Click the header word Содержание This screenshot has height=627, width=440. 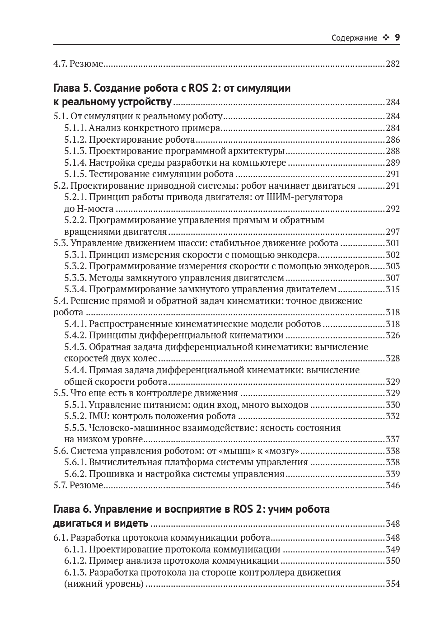point(354,38)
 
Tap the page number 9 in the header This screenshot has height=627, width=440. point(397,37)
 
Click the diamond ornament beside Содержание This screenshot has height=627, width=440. point(385,38)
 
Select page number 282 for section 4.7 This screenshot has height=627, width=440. point(393,64)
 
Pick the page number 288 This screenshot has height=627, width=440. point(393,151)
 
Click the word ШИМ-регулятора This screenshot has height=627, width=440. point(304,197)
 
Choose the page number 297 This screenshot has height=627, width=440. point(393,232)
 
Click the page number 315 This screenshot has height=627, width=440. point(393,290)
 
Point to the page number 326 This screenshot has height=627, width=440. point(393,336)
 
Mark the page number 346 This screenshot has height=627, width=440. point(393,486)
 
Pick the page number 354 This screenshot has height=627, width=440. point(393,584)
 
